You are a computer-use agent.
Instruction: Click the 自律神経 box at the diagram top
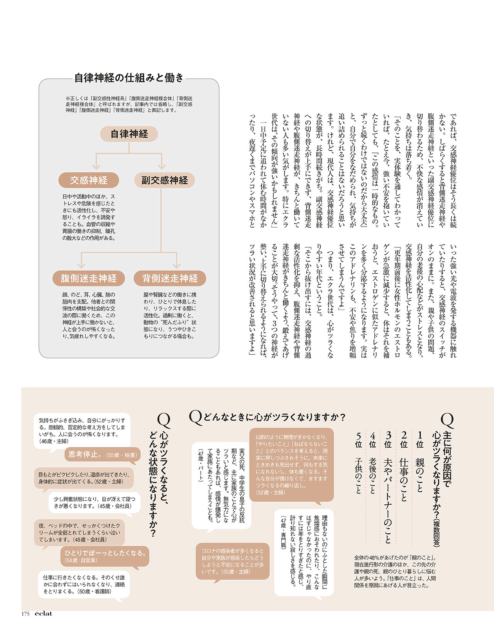129,134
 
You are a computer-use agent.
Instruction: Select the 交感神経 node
88,180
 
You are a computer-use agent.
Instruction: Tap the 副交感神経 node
164,180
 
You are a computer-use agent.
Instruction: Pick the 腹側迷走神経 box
88,278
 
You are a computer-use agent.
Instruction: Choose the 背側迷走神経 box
170,278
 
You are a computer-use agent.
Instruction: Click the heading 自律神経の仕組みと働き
129,78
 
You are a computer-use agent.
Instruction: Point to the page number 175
25,614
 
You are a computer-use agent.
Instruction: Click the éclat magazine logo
43,613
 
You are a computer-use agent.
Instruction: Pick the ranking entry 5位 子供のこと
359,463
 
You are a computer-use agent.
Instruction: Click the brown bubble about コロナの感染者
232,561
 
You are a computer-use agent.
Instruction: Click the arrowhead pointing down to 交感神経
96,166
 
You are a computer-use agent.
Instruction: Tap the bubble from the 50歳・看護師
84,584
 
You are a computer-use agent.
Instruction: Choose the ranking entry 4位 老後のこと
372,463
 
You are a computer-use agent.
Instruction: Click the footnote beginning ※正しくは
129,104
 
